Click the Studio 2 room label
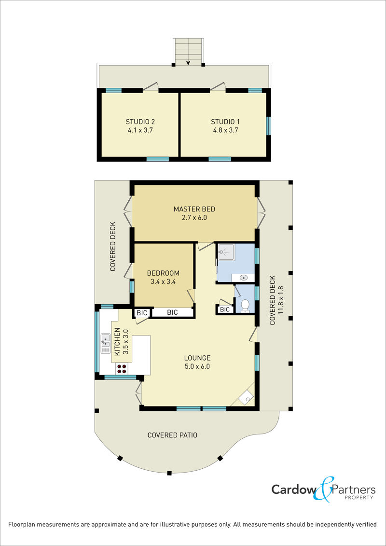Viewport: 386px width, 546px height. point(140,122)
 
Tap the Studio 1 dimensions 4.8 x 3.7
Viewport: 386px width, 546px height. point(225,130)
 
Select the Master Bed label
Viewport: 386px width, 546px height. point(194,210)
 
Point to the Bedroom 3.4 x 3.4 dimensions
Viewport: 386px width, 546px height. point(163,281)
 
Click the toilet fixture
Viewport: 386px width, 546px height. point(246,306)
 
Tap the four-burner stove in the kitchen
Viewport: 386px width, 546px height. point(122,369)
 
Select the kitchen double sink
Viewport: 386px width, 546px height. point(106,343)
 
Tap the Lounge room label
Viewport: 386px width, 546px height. point(197,358)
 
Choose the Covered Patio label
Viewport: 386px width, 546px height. point(172,435)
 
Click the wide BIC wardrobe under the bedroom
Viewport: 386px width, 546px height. point(172,313)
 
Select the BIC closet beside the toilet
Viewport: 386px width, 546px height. point(225,309)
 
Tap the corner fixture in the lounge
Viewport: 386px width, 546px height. point(247,397)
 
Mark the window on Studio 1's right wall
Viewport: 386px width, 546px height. point(268,126)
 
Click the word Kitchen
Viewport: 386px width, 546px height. point(117,342)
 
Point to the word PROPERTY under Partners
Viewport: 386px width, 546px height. point(359,497)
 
